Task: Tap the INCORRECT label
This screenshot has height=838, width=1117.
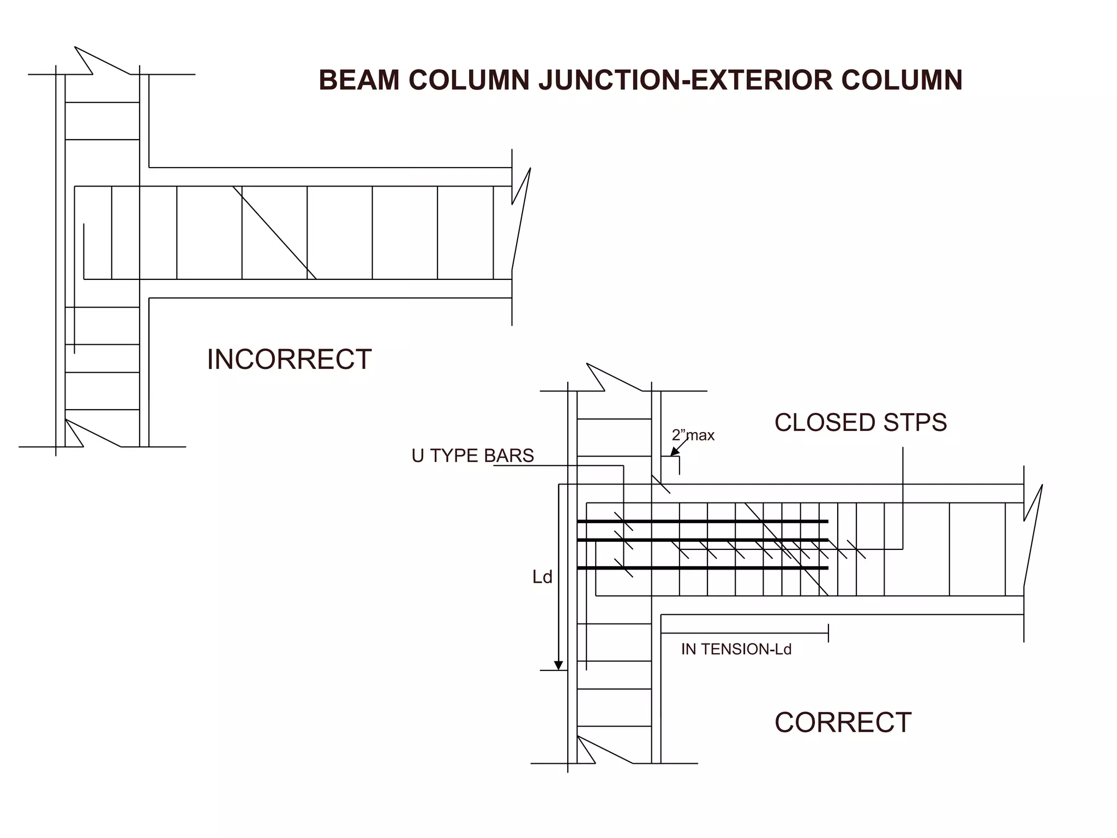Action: (289, 360)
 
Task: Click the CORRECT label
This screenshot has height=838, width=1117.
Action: (843, 722)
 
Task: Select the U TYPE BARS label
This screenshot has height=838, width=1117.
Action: (472, 456)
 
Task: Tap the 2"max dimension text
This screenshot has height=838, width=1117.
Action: (693, 435)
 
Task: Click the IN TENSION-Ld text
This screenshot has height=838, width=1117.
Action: (736, 649)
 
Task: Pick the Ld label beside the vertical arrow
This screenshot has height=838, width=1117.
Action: (542, 577)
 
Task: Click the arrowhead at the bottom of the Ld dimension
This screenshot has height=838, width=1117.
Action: (558, 665)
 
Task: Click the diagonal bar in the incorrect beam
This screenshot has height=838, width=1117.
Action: (274, 233)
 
